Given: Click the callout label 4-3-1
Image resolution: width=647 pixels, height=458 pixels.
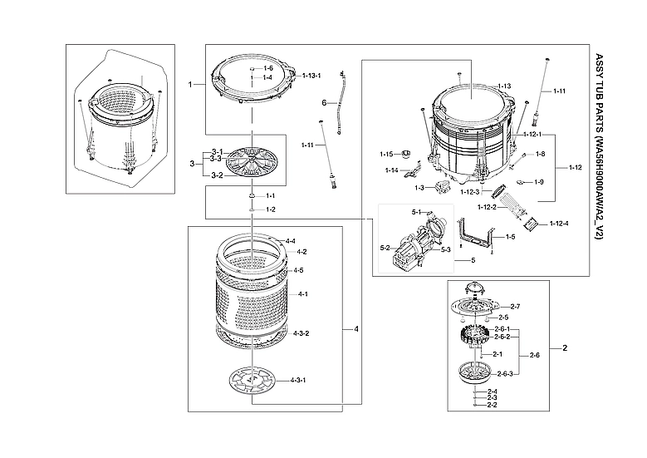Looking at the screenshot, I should [299, 380].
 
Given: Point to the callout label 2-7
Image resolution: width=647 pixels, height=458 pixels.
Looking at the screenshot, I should [515, 307].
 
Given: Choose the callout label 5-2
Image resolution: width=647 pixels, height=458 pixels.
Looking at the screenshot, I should [385, 248].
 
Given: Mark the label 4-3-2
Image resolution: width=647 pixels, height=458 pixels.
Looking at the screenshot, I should [301, 333].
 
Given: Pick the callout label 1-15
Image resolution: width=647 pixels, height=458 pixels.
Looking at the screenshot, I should [386, 154].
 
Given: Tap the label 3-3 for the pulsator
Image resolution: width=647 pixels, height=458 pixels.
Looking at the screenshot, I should [215, 158].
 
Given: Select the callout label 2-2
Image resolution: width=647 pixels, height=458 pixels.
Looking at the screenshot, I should [492, 405].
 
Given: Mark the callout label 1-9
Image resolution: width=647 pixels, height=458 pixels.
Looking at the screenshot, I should [539, 182].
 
